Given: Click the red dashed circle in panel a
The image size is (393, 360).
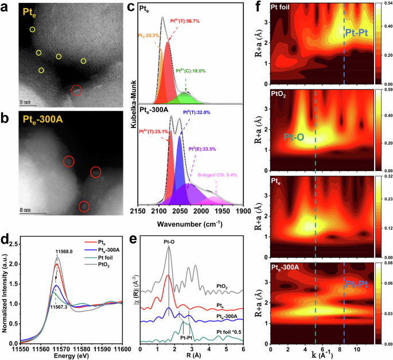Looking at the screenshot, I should [76, 90].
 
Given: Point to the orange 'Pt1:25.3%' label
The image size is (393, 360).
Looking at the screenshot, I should [148, 36].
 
